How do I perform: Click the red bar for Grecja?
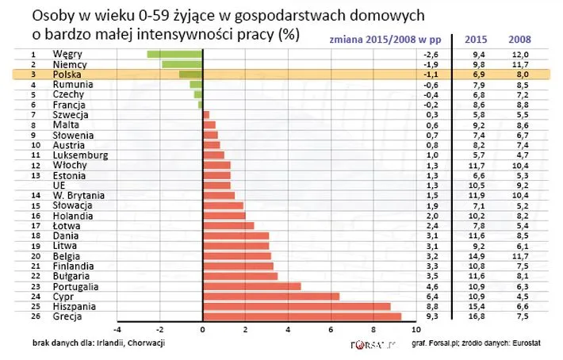pyautogui.click(x=302, y=316)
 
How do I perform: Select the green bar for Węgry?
pyautogui.click(x=174, y=53)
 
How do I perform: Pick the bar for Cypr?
pyautogui.click(x=271, y=296)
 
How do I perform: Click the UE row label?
pyautogui.click(x=59, y=185)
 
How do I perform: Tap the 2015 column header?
pyautogui.click(x=475, y=40)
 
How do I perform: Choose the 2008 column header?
pyautogui.click(x=519, y=40)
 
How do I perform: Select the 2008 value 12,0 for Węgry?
pyautogui.click(x=519, y=53)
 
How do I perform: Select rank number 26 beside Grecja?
pyautogui.click(x=34, y=316)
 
